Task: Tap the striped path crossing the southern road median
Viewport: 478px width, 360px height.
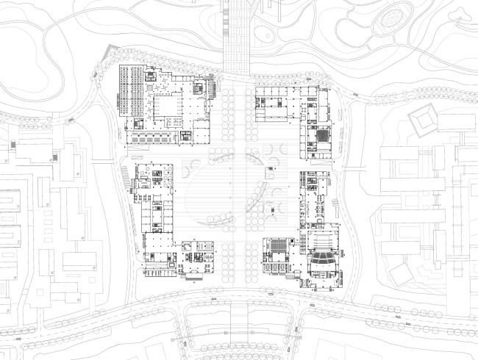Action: click(240, 316)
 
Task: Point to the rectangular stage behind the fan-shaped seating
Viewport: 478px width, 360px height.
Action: click(322, 240)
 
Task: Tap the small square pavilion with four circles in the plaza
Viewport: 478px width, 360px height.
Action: click(271, 171)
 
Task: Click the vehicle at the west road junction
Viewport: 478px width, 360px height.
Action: click(71, 118)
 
